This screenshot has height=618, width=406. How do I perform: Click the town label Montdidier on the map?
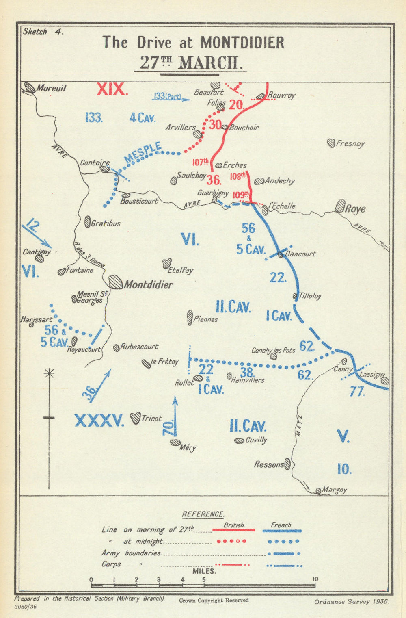coord(148,284)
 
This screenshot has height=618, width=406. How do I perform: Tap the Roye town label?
coord(355,209)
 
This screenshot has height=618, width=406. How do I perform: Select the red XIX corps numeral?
coord(112,89)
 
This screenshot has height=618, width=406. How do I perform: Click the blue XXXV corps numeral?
coord(99,421)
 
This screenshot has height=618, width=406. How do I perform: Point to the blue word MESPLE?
coord(143,153)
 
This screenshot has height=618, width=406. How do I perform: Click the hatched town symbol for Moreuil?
coord(30,87)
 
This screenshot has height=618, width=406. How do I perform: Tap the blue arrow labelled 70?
coord(175,416)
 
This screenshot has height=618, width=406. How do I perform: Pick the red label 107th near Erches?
coord(200,163)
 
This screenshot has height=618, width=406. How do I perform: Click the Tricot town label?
coord(151,419)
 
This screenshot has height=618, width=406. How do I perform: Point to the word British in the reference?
coord(234,525)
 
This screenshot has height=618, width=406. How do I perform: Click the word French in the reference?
coord(281,525)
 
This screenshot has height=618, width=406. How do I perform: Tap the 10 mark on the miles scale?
coord(315,579)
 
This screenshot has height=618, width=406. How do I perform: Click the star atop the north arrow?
coord(49,372)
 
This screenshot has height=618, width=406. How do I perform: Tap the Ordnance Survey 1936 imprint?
coord(351,602)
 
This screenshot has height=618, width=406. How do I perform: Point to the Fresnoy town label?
coord(350,143)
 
